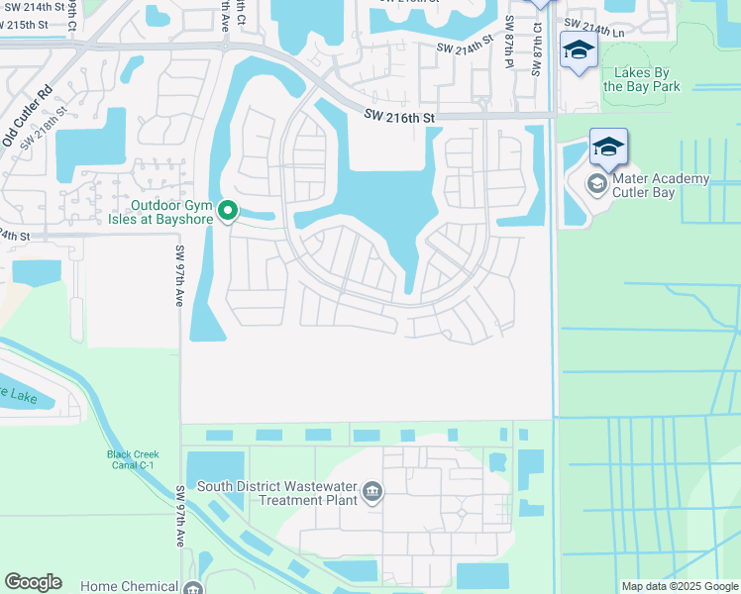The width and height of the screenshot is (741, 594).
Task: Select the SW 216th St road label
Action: [399, 118]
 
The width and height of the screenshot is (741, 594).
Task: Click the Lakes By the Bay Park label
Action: [647, 79]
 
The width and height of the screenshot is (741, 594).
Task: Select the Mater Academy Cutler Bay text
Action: [661, 185]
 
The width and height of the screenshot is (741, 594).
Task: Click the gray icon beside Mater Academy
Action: [597, 184]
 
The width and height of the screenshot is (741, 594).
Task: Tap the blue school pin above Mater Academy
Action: [608, 148]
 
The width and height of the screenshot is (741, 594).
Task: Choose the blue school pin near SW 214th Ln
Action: [579, 49]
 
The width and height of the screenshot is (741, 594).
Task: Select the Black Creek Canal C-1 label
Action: [133, 461]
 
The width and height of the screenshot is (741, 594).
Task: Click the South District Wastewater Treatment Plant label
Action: [276, 493]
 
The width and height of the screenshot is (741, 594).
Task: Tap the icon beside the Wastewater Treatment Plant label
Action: [371, 492]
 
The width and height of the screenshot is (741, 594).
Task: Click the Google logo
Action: [33, 582]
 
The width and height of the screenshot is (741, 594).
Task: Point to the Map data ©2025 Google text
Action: [680, 586]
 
